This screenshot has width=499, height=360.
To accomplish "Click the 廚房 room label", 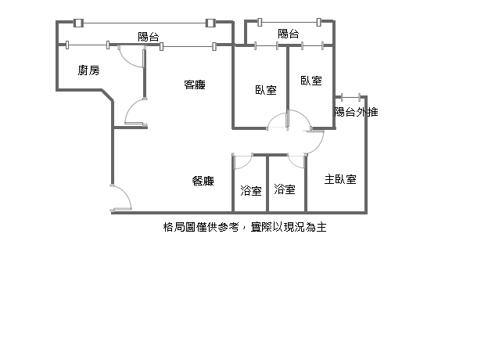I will point(88,71).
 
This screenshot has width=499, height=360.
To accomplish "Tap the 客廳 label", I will point(195,85).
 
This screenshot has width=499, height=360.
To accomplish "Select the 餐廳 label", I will point(203,181).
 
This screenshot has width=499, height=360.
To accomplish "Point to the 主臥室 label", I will point(340,179).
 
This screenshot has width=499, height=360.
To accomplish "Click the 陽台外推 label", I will point(356,112).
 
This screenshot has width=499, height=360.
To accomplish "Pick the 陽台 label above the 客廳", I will point(148,36).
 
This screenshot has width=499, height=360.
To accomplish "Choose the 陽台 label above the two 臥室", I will point(289,34).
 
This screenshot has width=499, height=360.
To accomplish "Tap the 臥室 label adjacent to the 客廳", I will point(266,90).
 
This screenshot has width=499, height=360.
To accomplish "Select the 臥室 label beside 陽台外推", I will point(311,81).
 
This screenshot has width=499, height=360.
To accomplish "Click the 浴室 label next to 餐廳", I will point(251,190).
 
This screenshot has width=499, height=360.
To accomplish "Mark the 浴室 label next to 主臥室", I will point(285,189).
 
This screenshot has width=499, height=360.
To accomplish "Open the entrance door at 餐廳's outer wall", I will point(121,197).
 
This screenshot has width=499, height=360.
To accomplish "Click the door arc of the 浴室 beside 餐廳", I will point(242,162).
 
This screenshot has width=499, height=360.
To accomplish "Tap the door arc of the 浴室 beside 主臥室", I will point(296,161).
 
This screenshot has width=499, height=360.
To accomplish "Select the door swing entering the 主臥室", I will point(314,141).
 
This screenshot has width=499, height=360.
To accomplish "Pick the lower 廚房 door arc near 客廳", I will point(136,111).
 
